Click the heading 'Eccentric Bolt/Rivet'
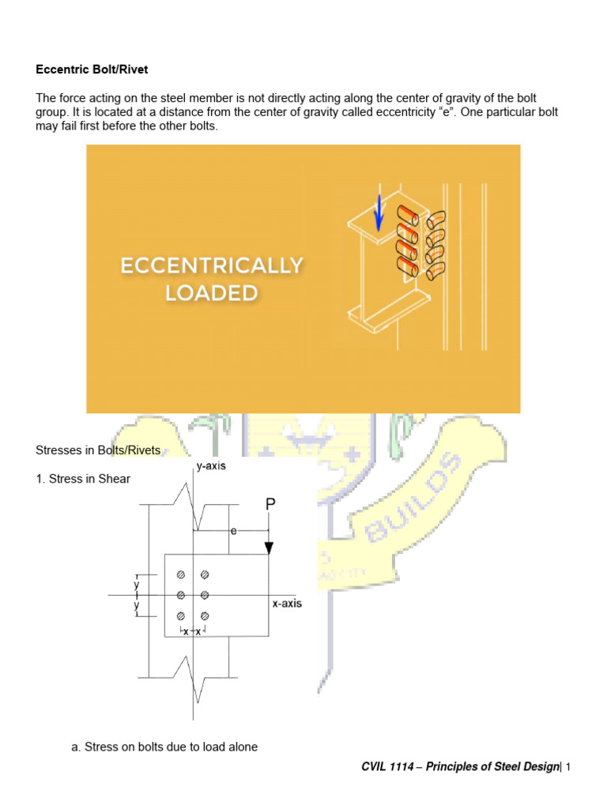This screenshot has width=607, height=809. (92, 70)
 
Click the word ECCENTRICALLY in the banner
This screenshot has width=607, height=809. (211, 266)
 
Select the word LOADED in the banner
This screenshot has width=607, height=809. (211, 293)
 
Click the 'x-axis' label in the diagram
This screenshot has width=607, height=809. (286, 604)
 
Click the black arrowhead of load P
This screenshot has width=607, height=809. (269, 547)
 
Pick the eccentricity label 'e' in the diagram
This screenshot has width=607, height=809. (234, 532)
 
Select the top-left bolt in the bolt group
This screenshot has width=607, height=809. (181, 574)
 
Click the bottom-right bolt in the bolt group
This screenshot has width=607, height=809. (204, 615)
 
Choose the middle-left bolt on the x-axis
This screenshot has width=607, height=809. (181, 595)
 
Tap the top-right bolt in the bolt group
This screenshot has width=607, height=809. (204, 574)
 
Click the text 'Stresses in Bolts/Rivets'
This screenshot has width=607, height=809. (98, 450)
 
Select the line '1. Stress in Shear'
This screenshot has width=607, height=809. (83, 479)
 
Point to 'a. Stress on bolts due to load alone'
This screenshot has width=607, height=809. (164, 747)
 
